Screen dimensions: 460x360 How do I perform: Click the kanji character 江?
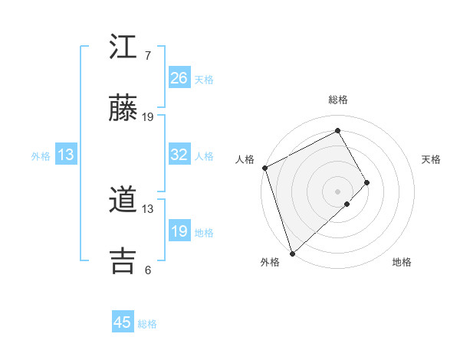[x=124, y=47]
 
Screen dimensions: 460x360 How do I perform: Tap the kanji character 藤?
[x=124, y=110]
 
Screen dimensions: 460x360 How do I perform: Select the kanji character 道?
[x=124, y=201]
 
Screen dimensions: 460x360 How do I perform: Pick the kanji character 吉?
[x=124, y=261]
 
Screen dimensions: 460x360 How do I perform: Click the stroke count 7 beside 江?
[x=148, y=56]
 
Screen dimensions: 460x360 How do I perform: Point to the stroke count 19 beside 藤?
[x=148, y=117]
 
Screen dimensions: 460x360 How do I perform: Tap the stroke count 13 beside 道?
[x=148, y=208]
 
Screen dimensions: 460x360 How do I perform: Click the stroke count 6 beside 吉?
[x=148, y=270]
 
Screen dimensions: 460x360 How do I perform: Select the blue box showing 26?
[x=179, y=78]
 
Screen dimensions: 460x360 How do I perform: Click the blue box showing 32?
[x=179, y=155]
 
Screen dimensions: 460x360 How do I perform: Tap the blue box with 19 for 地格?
[x=179, y=231]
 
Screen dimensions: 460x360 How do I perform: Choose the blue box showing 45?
[x=123, y=322]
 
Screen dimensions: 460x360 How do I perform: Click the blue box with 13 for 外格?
[x=66, y=155]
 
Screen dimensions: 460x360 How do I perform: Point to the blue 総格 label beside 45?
[x=147, y=324]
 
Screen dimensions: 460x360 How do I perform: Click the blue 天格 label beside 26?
[x=204, y=79]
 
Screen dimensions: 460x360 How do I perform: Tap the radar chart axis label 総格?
[x=338, y=100]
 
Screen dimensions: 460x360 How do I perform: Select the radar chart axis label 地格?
[x=402, y=262]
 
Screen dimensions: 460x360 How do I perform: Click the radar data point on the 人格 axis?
[x=264, y=168]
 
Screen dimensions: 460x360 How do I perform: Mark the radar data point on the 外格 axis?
[x=291, y=252]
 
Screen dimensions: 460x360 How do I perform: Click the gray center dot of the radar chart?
[x=337, y=191]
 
